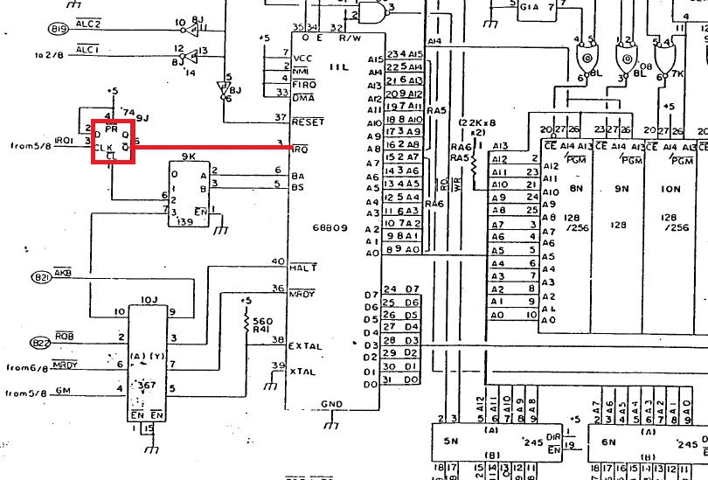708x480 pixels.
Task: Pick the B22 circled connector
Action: click(x=41, y=342)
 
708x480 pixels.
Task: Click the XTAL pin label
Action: click(x=302, y=371)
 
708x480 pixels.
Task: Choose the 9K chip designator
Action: click(x=188, y=157)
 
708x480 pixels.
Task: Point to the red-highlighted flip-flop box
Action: click(x=115, y=142)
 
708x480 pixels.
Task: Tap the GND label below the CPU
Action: click(x=331, y=405)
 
